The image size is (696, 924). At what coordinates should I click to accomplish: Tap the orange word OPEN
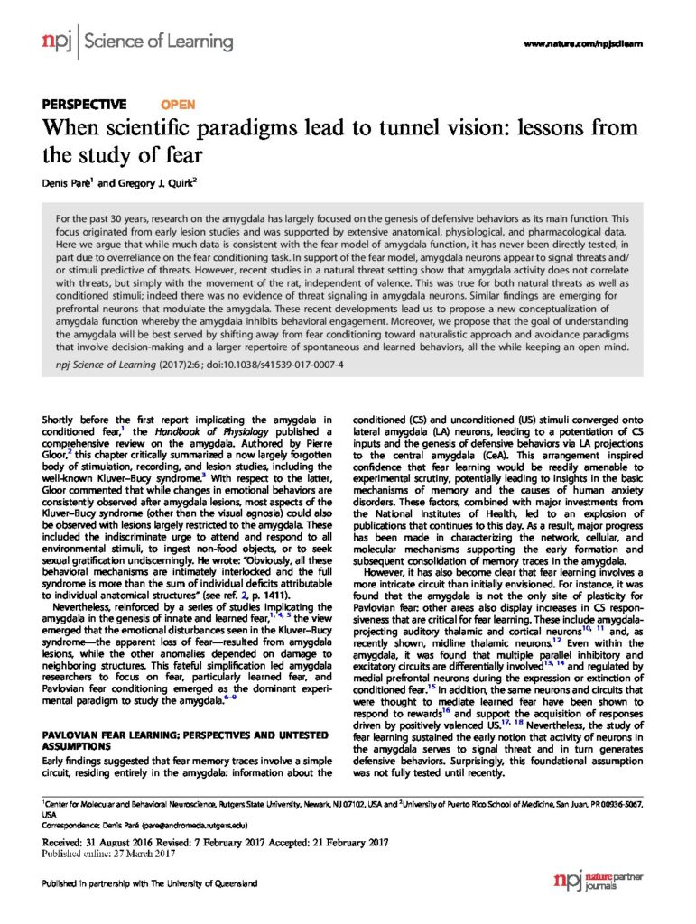[x=177, y=105]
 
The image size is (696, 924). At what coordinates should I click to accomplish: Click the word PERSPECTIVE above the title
[x=85, y=105]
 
